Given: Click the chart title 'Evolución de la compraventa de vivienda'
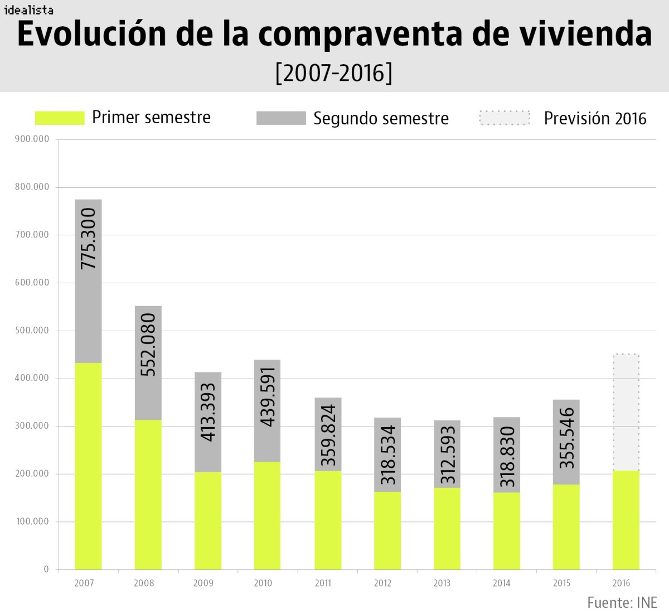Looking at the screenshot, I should pyautogui.click(x=334, y=35).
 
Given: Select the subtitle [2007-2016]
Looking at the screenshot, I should pyautogui.click(x=334, y=72).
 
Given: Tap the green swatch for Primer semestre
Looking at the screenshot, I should pyautogui.click(x=60, y=118).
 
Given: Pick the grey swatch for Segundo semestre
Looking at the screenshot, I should pyautogui.click(x=281, y=118).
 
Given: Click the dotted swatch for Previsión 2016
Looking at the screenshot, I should pyautogui.click(x=504, y=118).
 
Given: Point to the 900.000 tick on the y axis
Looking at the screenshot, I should pyautogui.click(x=32, y=139).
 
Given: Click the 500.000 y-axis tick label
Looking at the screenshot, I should pyautogui.click(x=32, y=330).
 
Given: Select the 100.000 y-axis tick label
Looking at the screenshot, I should pyautogui.click(x=32, y=521).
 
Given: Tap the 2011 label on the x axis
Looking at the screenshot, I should pyautogui.click(x=323, y=583).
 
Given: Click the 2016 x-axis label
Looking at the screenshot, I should pyautogui.click(x=621, y=583).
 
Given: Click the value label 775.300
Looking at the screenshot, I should pyautogui.click(x=89, y=239).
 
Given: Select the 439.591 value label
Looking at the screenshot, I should pyautogui.click(x=268, y=396).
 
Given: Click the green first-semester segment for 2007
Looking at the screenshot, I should pyautogui.click(x=89, y=466).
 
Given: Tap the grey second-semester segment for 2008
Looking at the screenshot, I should pyautogui.click(x=148, y=362).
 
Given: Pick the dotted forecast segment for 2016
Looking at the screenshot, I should pyautogui.click(x=626, y=413).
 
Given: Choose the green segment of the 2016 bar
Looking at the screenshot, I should pyautogui.click(x=626, y=520).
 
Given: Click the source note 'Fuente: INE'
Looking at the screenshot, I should pyautogui.click(x=622, y=602).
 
